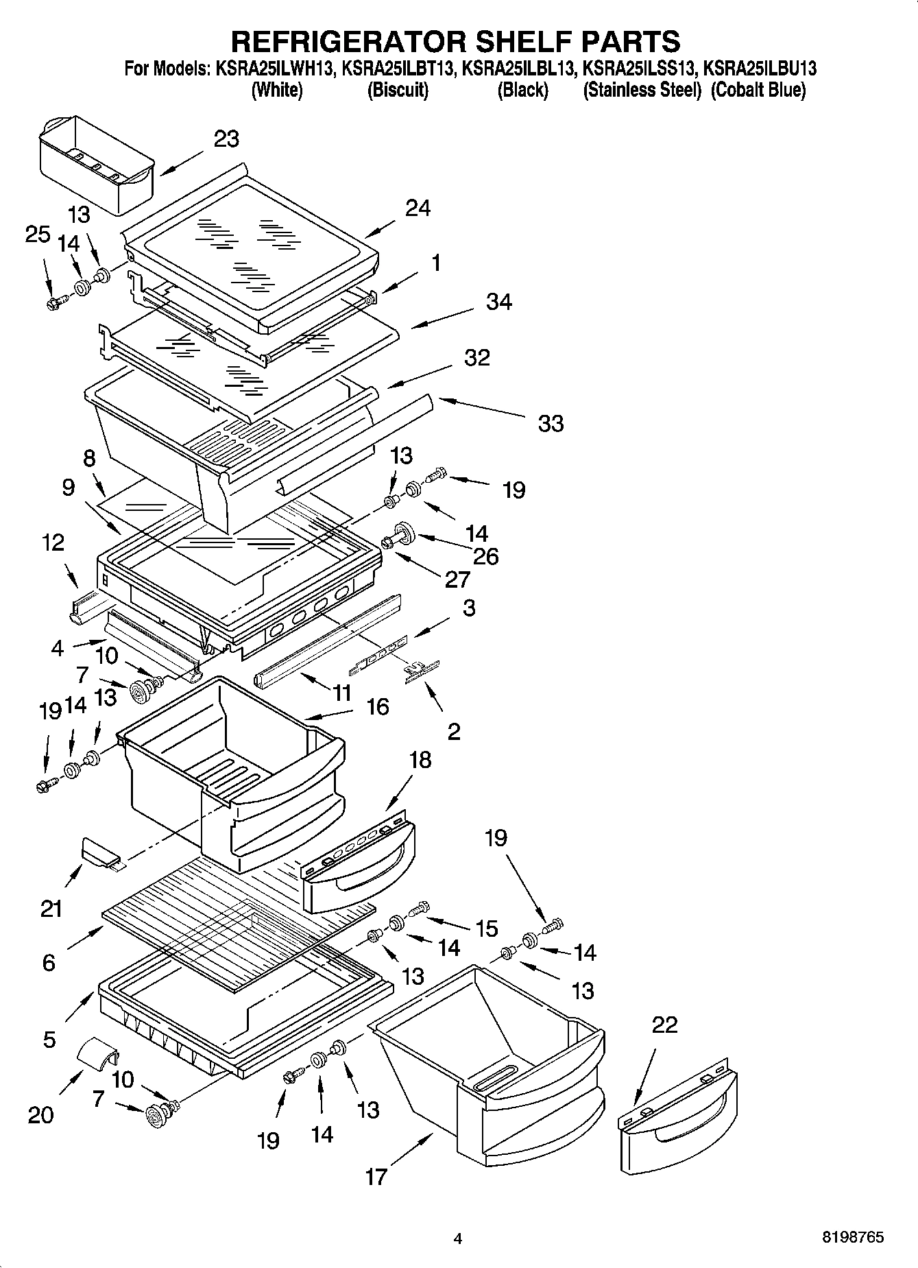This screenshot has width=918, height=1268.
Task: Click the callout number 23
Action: (x=226, y=139)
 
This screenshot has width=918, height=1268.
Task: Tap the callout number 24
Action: (x=418, y=208)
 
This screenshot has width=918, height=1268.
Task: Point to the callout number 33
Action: (x=551, y=423)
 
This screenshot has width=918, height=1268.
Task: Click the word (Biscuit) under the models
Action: (x=398, y=90)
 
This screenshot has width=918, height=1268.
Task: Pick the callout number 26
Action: (x=485, y=556)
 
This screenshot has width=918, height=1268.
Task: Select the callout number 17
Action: (x=376, y=1177)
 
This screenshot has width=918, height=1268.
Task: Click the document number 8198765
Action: (x=852, y=1238)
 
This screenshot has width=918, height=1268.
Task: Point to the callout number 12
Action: (x=53, y=542)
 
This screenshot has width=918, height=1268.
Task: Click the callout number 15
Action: (x=486, y=929)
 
